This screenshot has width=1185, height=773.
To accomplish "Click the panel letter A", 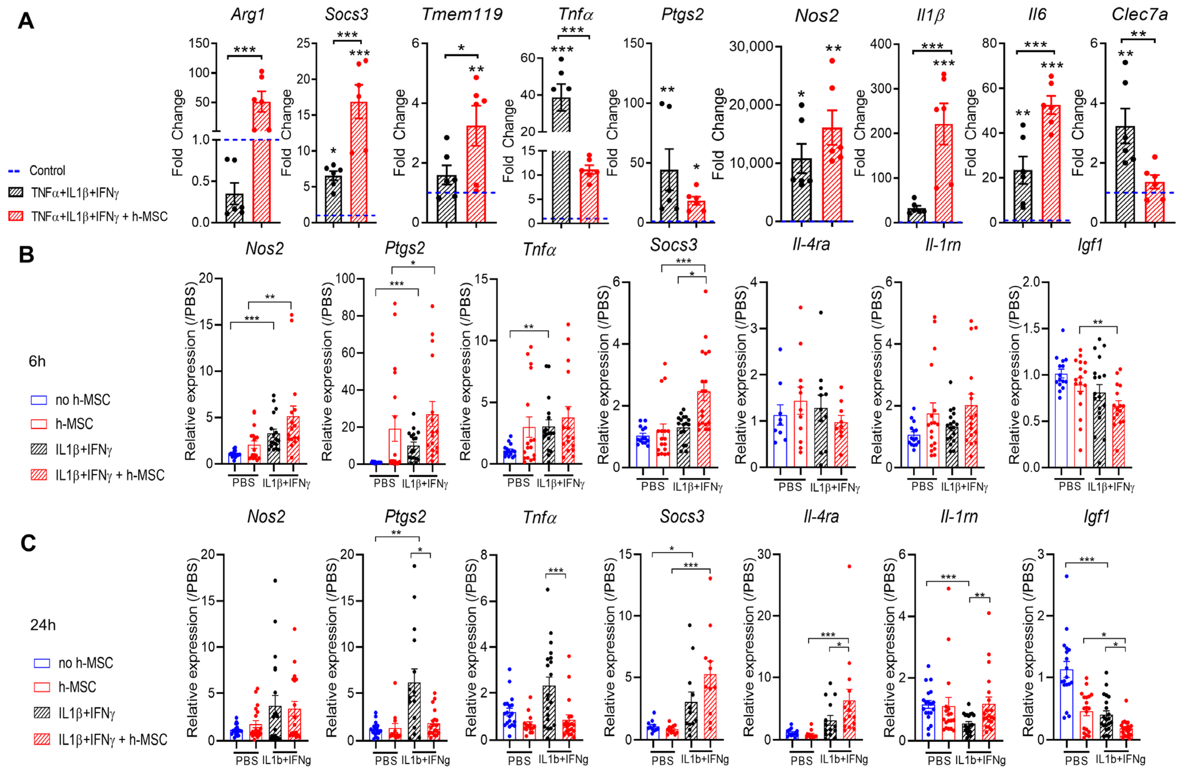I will [26, 21].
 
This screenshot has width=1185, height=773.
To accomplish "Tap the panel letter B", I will [26, 254].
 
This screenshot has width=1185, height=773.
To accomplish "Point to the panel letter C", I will [28, 542].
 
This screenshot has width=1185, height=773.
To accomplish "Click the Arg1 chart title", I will [247, 14].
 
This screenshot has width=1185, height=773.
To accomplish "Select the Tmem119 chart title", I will [462, 14].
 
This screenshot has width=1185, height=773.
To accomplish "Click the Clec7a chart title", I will [1139, 14].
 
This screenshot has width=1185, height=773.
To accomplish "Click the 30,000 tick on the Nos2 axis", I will [751, 46].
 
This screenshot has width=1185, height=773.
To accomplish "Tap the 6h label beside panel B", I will [37, 361].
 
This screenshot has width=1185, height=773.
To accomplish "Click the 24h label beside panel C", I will [43, 625].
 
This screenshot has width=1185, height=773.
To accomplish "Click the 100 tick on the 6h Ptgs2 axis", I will [348, 278].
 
